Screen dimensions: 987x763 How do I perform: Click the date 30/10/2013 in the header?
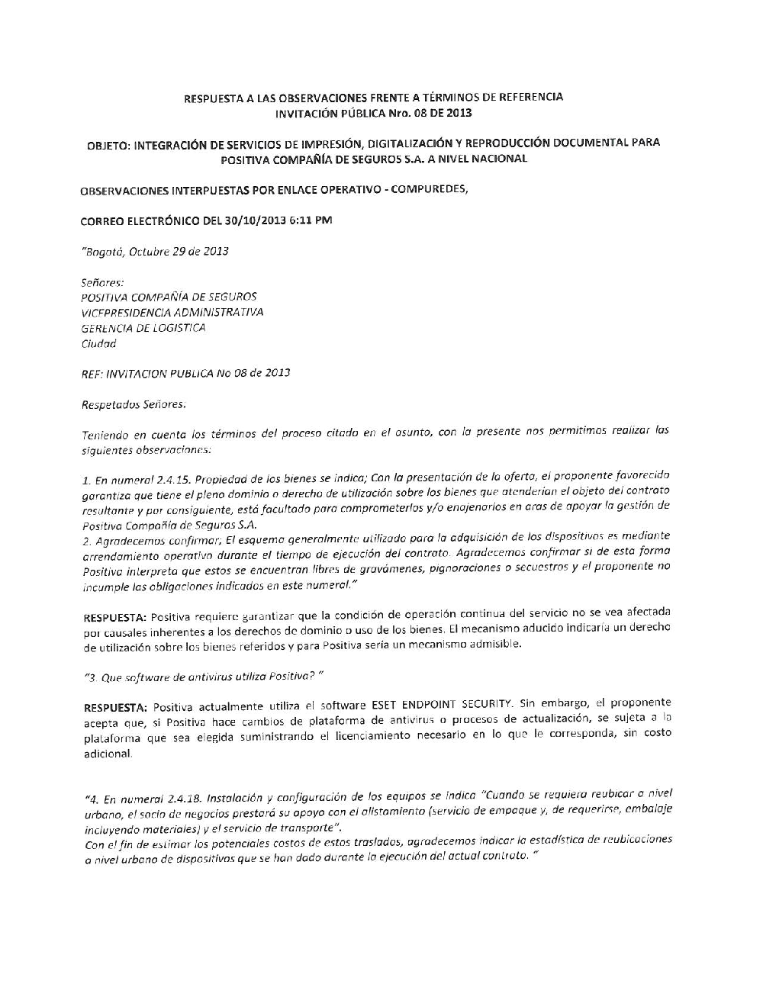pos(256,220)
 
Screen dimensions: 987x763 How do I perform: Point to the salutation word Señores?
pos(97,281)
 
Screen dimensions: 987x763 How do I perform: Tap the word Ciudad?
pos(98,343)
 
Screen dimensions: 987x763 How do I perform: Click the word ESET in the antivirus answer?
pos(386,703)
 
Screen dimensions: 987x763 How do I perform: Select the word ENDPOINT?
pos(432,703)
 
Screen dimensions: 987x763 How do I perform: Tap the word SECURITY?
pos(487,703)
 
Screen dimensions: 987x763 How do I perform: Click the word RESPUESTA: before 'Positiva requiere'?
pos(114,616)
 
